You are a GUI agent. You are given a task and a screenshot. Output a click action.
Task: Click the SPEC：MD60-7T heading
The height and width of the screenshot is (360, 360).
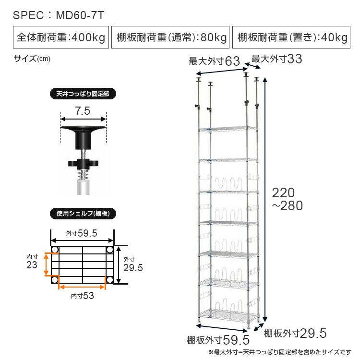[58, 15]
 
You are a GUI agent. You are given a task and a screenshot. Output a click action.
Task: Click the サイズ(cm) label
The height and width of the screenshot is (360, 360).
[32, 59]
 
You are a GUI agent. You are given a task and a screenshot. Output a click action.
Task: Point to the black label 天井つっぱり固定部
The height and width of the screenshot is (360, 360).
[83, 95]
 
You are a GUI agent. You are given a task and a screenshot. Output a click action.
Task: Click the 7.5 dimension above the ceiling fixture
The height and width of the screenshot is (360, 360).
[83, 111]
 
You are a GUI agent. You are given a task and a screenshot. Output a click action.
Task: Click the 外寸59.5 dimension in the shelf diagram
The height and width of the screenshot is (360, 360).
[82, 233]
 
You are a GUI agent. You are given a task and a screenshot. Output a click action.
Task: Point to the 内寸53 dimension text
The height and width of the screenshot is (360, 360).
[82, 296]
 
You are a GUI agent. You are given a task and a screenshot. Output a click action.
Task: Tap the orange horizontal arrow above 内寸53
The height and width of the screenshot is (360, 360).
[82, 287]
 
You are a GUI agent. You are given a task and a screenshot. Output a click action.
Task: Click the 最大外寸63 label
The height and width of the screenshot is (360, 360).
[214, 61]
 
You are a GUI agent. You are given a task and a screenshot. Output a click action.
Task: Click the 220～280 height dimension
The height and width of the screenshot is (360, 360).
[287, 200]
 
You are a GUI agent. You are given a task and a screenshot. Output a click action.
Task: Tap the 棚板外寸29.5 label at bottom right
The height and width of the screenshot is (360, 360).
[295, 333]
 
